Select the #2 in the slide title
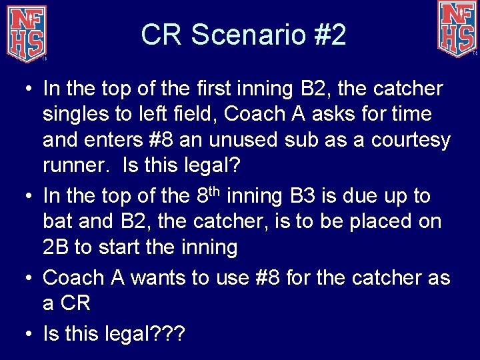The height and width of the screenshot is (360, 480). (x=330, y=35)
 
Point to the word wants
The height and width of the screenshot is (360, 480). (x=157, y=277)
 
